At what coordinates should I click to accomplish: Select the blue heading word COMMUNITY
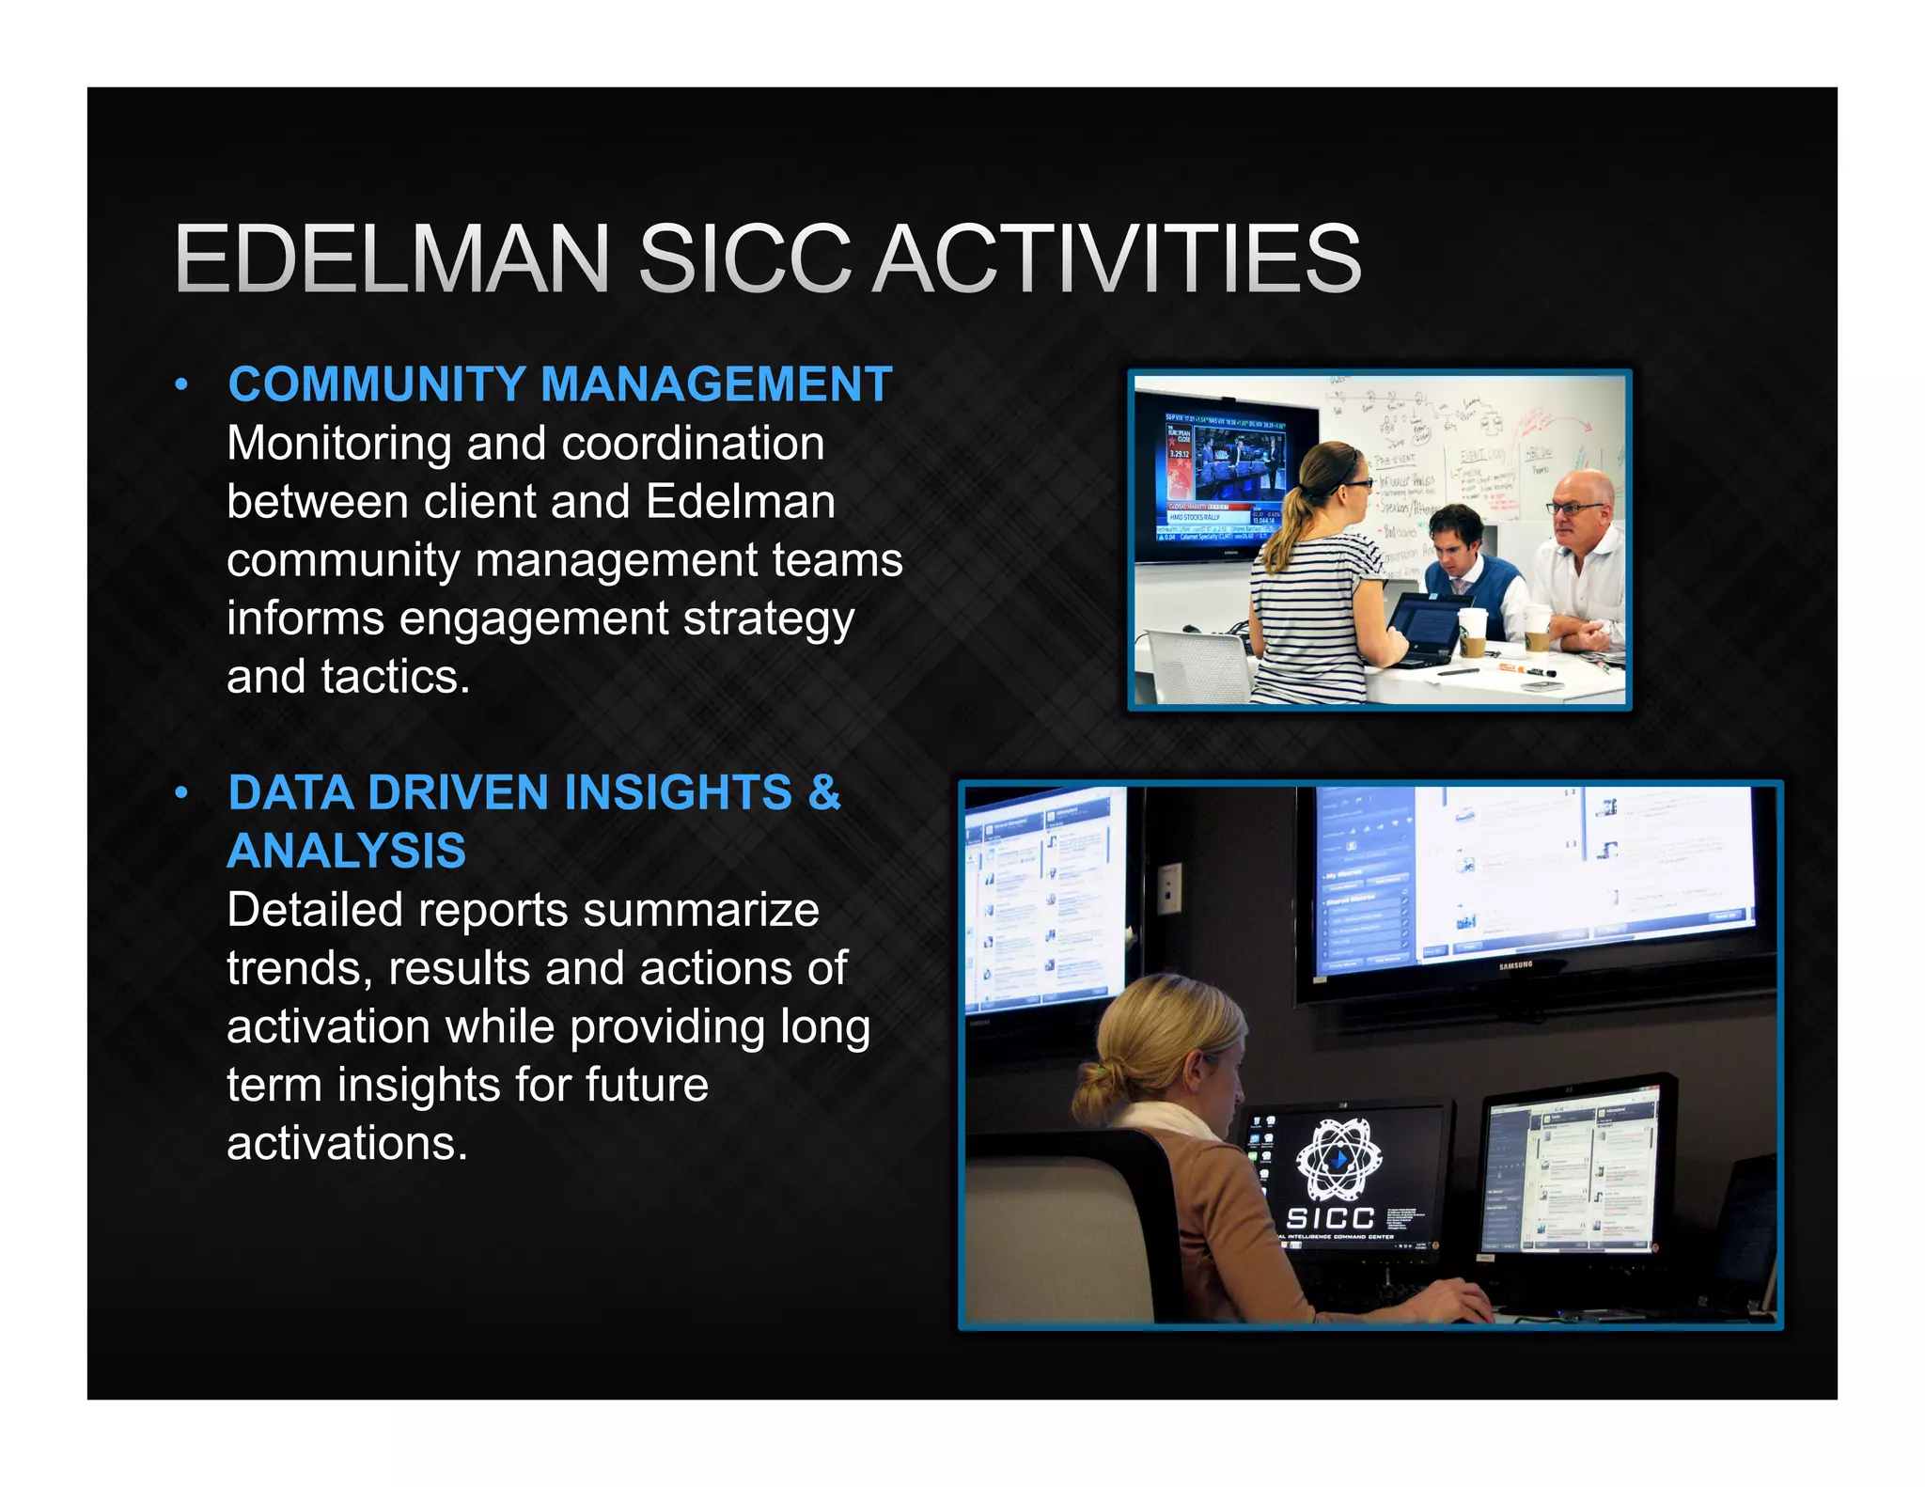[x=377, y=384]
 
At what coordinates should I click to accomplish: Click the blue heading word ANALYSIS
[x=347, y=851]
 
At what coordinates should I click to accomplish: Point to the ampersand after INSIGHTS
[x=823, y=791]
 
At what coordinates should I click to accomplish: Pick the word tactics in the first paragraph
[x=395, y=677]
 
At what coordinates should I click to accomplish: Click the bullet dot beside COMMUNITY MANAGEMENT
[x=181, y=385]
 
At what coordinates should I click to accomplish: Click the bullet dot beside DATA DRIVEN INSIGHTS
[x=181, y=793]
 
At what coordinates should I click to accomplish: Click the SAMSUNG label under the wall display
[x=1515, y=964]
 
